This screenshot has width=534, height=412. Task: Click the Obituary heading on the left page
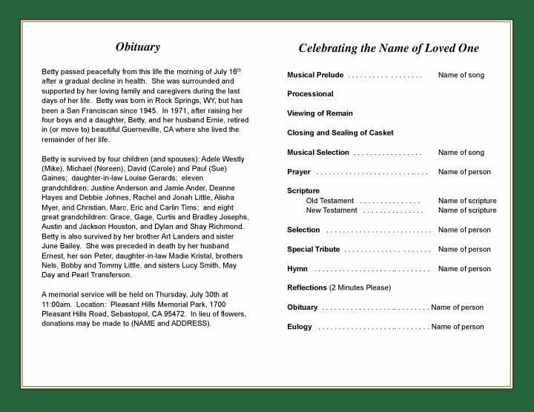138,47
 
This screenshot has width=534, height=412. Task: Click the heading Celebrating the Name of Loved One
389,49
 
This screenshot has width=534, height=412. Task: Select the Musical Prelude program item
315,75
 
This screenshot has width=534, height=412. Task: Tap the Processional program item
310,94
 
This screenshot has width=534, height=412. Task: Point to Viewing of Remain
320,113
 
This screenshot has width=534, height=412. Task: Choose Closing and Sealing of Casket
340,133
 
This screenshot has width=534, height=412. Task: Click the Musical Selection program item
318,153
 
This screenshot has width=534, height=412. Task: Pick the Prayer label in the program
299,172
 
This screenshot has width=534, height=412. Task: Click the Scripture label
303,191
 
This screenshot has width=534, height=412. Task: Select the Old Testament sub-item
330,201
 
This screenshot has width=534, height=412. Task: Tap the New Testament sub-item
332,210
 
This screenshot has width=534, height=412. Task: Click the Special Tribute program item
314,250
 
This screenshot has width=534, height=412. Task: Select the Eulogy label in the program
300,327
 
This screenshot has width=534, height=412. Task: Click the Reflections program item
307,288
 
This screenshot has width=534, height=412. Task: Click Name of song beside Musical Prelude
461,75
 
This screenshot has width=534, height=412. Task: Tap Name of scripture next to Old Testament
467,201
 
